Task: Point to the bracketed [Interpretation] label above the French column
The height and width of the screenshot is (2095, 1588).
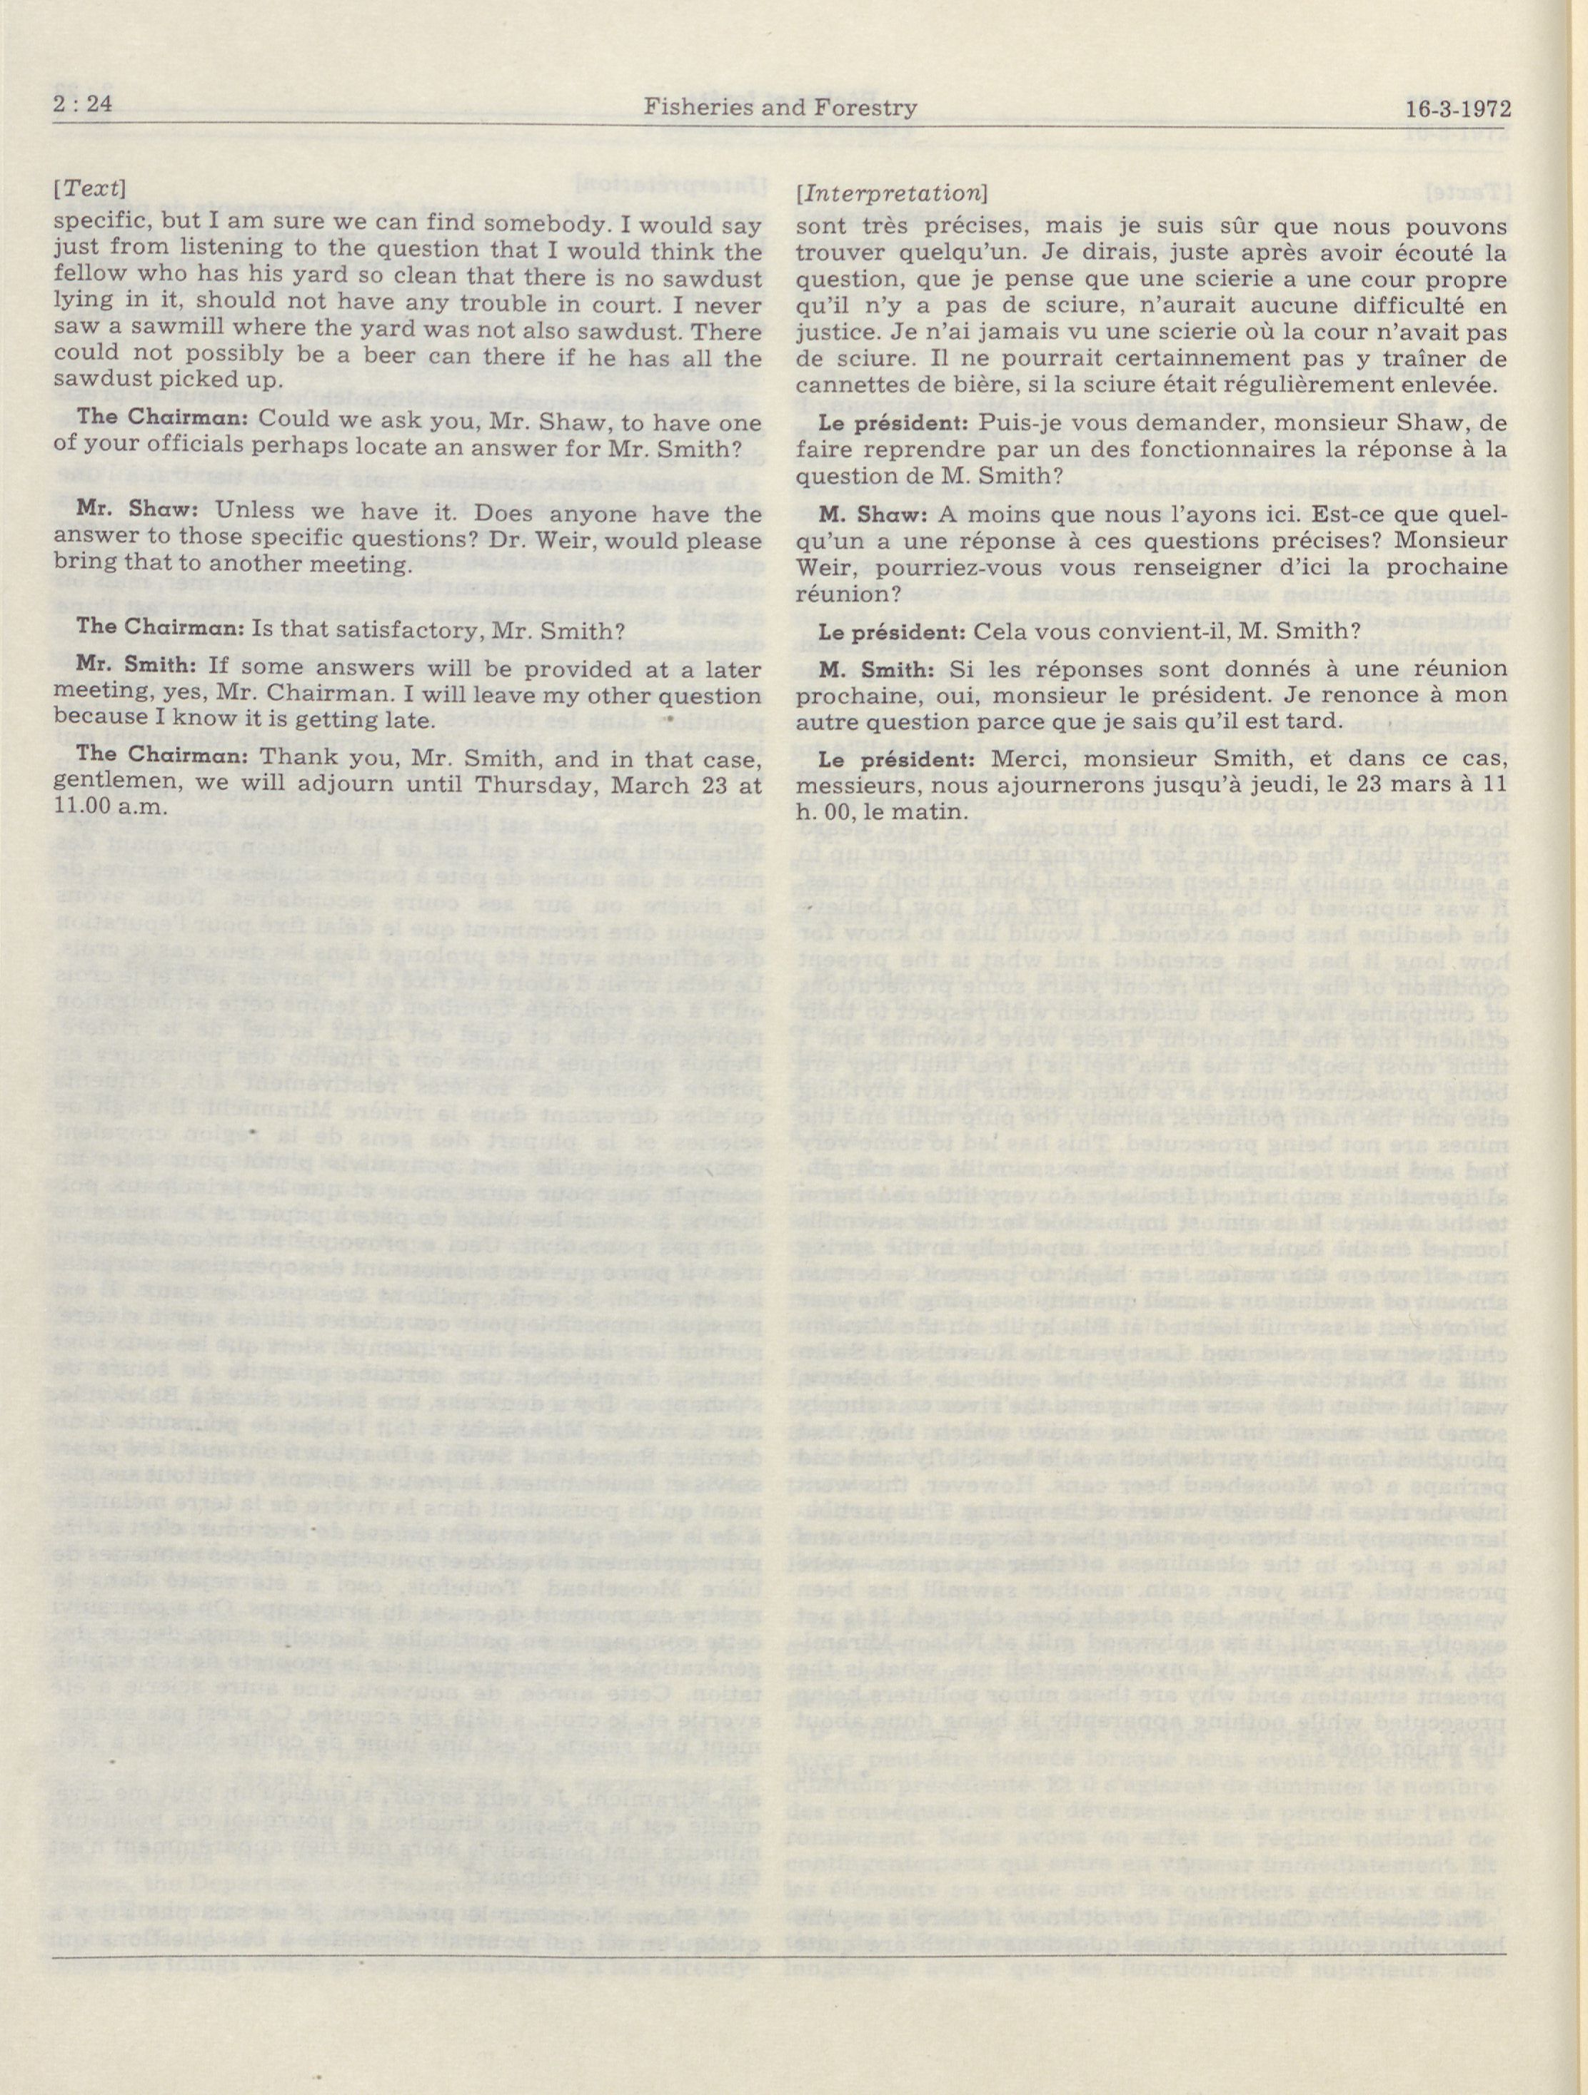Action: click(893, 191)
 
